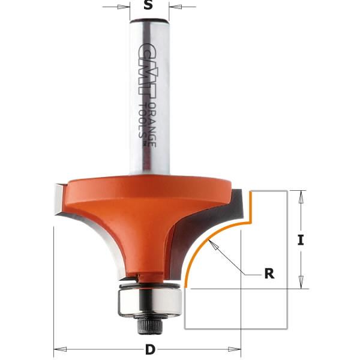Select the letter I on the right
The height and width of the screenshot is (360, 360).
coord(301,241)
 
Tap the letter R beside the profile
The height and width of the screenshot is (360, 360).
coord(269,274)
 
